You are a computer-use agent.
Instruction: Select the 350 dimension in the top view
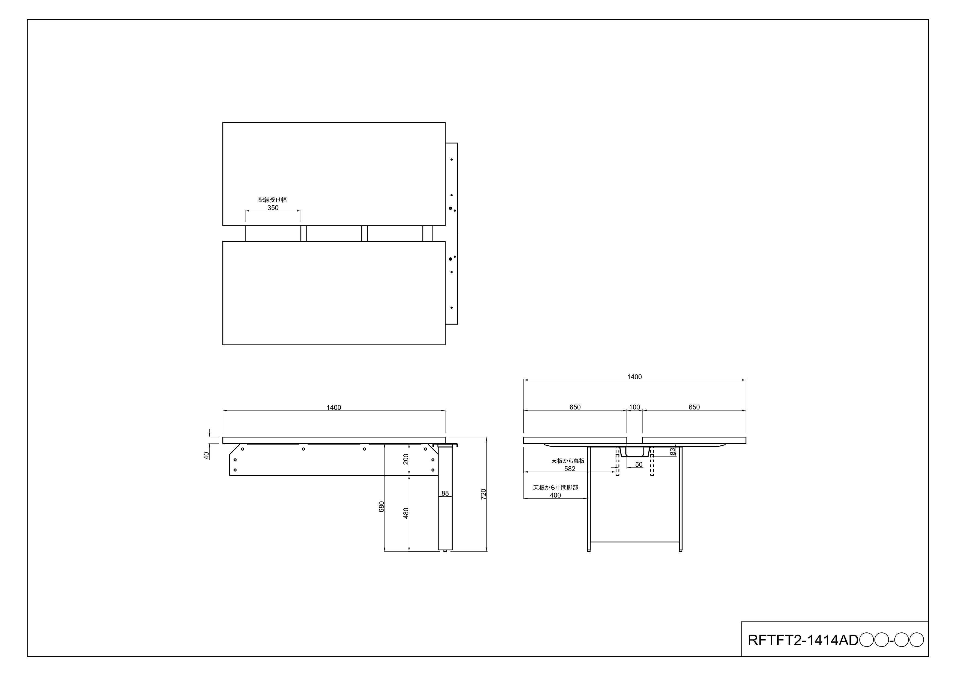273,208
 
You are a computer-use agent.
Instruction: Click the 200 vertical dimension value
406,459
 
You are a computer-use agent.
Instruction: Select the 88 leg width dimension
445,493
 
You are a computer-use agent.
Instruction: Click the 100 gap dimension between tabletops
634,407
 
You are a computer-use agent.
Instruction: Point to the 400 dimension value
555,495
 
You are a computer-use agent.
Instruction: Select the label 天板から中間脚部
555,487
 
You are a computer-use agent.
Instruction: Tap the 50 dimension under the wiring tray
639,464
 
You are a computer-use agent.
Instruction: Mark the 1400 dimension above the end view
634,377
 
